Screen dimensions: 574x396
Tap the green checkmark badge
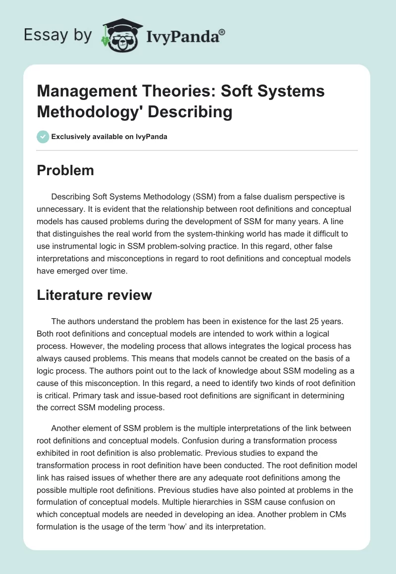[x=43, y=137]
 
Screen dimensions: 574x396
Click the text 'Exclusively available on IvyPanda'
[x=109, y=137]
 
